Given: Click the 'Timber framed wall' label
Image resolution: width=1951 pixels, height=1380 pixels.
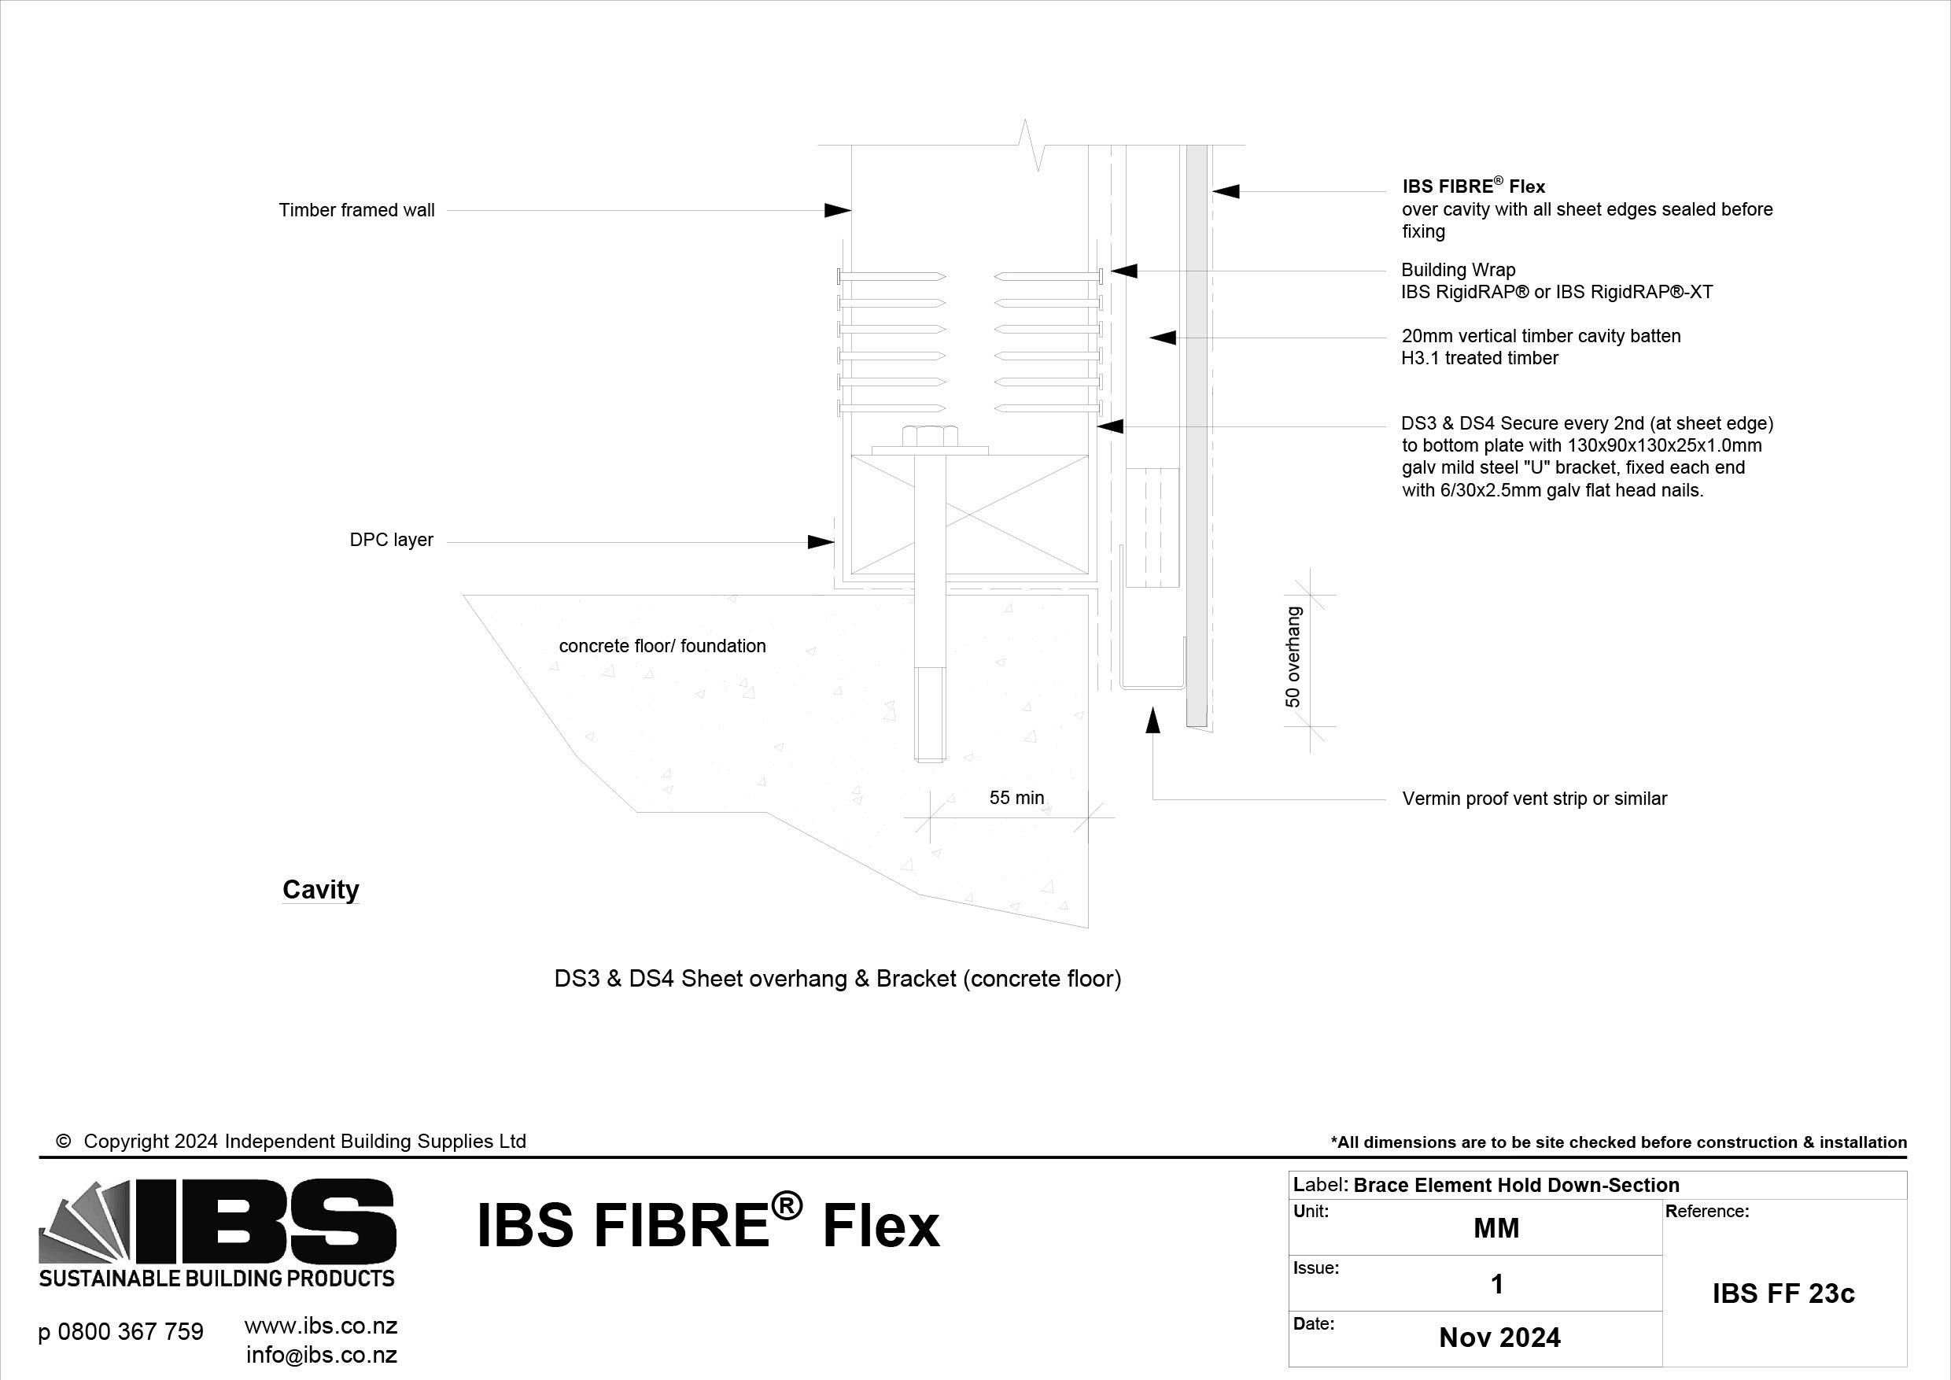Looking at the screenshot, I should tap(356, 210).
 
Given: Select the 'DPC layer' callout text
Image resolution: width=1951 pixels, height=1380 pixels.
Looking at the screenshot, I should tap(391, 541).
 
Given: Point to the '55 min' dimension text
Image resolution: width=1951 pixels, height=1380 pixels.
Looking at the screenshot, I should tap(1016, 798).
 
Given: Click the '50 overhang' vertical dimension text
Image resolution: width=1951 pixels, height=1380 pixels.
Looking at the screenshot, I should tap(1293, 656).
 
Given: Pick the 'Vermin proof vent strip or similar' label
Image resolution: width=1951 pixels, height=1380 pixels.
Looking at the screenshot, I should tap(1534, 799).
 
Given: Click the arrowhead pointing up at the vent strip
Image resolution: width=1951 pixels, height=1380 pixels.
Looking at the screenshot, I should tap(1153, 720).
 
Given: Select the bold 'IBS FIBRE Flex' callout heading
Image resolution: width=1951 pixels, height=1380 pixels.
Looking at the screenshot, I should tap(1473, 186).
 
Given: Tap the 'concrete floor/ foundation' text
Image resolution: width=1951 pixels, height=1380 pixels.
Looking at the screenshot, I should tap(662, 646).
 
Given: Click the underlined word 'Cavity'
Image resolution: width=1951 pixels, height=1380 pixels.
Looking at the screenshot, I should tap(320, 890).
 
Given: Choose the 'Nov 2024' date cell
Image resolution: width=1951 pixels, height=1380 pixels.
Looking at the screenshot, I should tap(1499, 1338).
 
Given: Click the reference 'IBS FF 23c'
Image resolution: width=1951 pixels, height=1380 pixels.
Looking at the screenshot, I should tap(1783, 1293).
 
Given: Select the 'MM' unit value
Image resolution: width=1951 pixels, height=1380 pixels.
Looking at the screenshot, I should tap(1496, 1228).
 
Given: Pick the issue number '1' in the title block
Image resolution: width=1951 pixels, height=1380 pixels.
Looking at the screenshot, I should tap(1497, 1284).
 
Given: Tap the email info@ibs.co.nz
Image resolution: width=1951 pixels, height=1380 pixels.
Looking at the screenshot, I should tap(321, 1355).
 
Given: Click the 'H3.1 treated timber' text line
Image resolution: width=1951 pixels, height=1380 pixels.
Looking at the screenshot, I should tap(1480, 359).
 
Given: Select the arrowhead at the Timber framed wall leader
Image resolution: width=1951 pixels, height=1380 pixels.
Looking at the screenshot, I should tap(838, 210).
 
